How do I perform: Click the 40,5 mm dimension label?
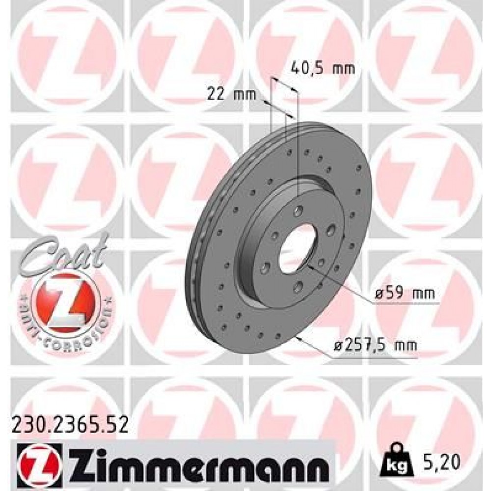pyautogui.click(x=323, y=68)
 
